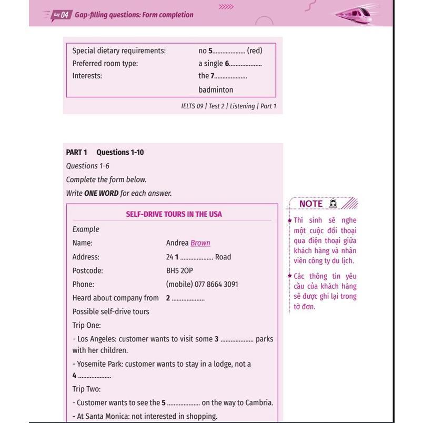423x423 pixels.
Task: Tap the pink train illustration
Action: [356, 13]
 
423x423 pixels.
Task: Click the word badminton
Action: [216, 89]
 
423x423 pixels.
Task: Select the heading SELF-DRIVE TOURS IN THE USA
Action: [174, 214]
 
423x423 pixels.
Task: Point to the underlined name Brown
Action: [200, 243]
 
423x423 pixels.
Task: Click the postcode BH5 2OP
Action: [179, 270]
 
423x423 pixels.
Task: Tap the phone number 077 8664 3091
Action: [216, 284]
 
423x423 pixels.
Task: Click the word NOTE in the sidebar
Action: [310, 204]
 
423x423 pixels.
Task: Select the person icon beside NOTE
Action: [333, 203]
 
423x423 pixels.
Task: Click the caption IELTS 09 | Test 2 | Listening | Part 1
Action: [228, 106]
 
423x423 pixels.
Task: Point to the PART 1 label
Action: [77, 152]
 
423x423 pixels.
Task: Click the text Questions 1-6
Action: [88, 166]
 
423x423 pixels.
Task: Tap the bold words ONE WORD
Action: [101, 193]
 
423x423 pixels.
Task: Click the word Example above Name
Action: [86, 229]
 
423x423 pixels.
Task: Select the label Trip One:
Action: [87, 325]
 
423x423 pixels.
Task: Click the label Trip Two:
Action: [87, 389]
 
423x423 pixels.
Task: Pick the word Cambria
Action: [259, 402]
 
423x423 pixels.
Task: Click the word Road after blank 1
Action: [223, 257]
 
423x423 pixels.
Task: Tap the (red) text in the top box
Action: [255, 51]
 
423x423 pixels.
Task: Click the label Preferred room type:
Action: [105, 63]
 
